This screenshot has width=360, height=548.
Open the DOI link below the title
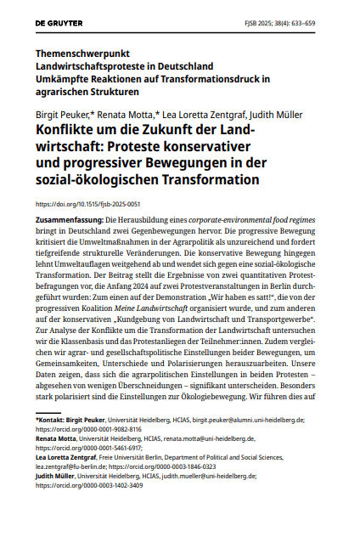click(87, 205)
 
